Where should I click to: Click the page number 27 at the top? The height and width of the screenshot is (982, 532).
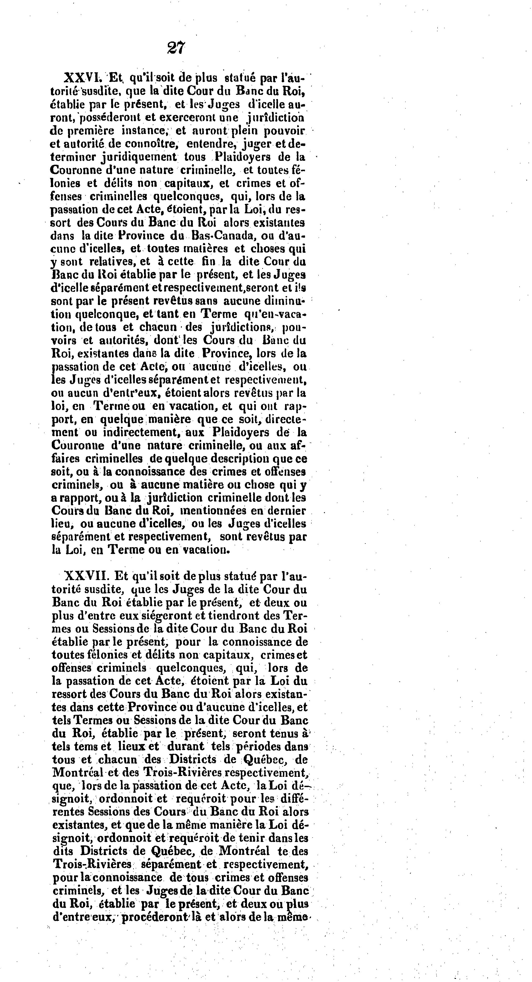click(x=176, y=48)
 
